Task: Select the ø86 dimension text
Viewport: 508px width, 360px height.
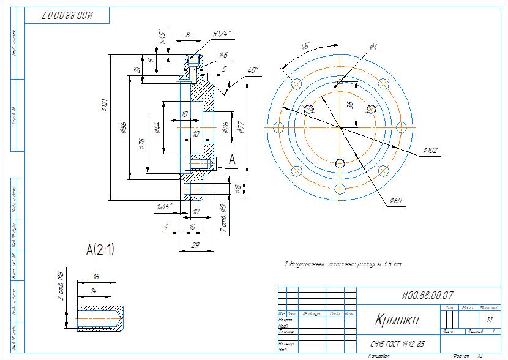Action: [124, 127]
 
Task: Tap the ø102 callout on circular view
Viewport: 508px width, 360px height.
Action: [431, 150]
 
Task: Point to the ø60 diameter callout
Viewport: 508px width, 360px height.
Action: [397, 201]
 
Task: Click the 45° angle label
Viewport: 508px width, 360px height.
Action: [306, 46]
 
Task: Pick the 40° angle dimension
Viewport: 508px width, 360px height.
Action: [253, 70]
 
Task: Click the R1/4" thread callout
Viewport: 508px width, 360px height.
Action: [222, 34]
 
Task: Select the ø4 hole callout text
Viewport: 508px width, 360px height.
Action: [374, 47]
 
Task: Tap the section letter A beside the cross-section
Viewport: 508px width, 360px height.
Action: [232, 159]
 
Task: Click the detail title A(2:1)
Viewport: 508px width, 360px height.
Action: [100, 249]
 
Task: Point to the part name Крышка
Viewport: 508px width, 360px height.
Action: [397, 320]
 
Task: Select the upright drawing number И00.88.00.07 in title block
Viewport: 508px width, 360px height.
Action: [428, 296]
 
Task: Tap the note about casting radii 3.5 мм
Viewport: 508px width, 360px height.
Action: [343, 264]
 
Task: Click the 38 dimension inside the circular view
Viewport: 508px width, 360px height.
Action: [350, 105]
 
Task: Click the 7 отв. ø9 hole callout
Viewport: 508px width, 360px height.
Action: [224, 219]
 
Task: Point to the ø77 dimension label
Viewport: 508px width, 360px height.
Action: [241, 127]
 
